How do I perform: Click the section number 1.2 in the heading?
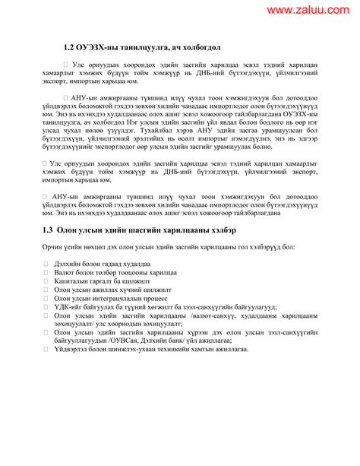tap(70, 47)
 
